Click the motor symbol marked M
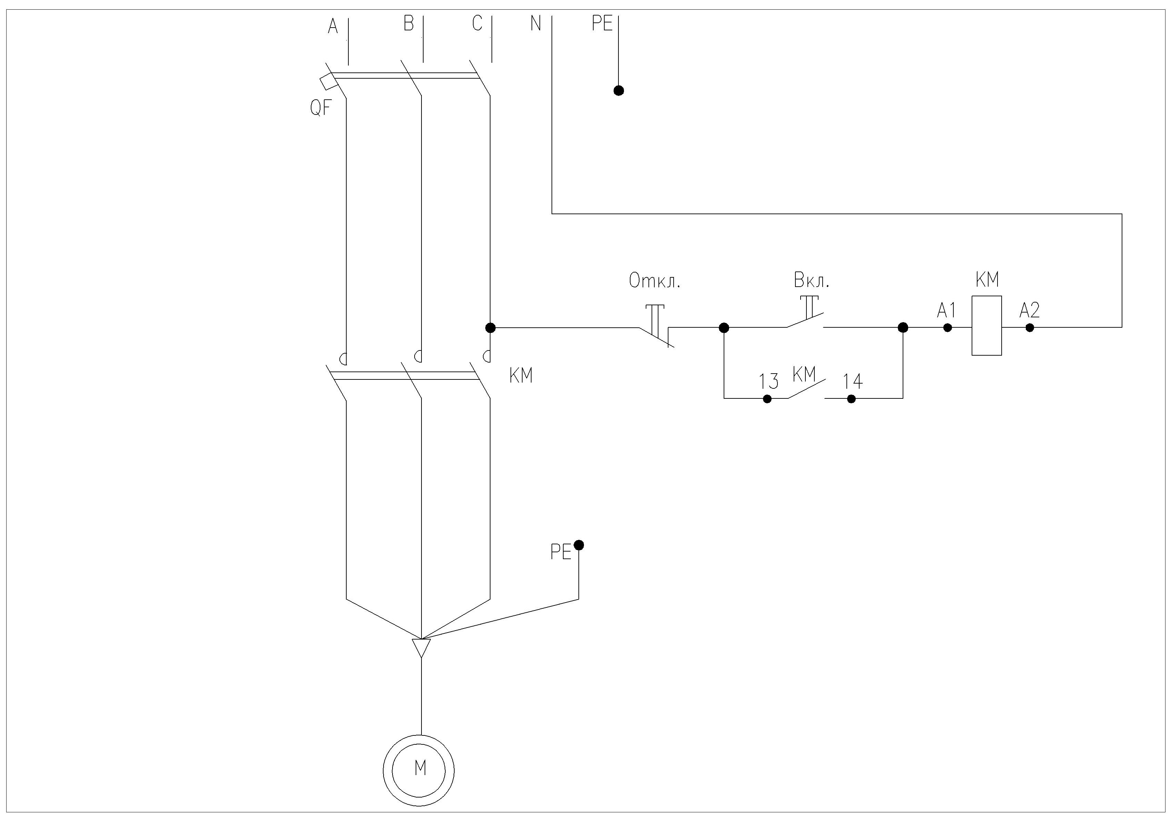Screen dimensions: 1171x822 419,770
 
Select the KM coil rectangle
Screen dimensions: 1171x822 986,325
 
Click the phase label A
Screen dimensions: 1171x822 333,26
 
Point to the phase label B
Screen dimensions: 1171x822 408,23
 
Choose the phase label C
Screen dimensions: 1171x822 477,23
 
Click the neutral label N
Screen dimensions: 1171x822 536,23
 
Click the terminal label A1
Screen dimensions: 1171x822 946,310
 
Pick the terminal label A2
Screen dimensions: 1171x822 1030,310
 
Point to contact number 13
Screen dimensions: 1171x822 768,382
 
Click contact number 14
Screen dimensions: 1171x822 853,382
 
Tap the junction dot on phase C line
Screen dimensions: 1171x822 490,327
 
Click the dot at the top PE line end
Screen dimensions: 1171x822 619,91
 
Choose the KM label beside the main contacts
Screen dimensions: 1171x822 521,376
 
